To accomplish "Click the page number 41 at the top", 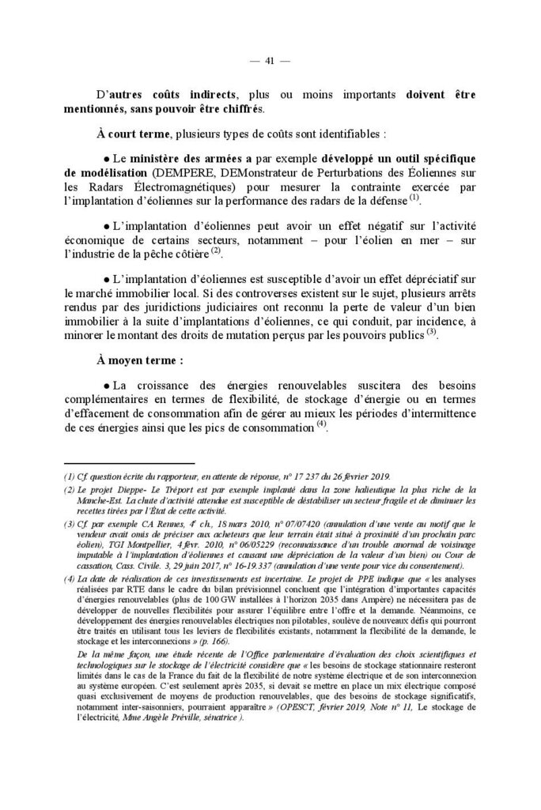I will (x=270, y=62).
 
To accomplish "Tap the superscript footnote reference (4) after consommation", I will (x=320, y=424).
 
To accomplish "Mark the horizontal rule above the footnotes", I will (x=127, y=464).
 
